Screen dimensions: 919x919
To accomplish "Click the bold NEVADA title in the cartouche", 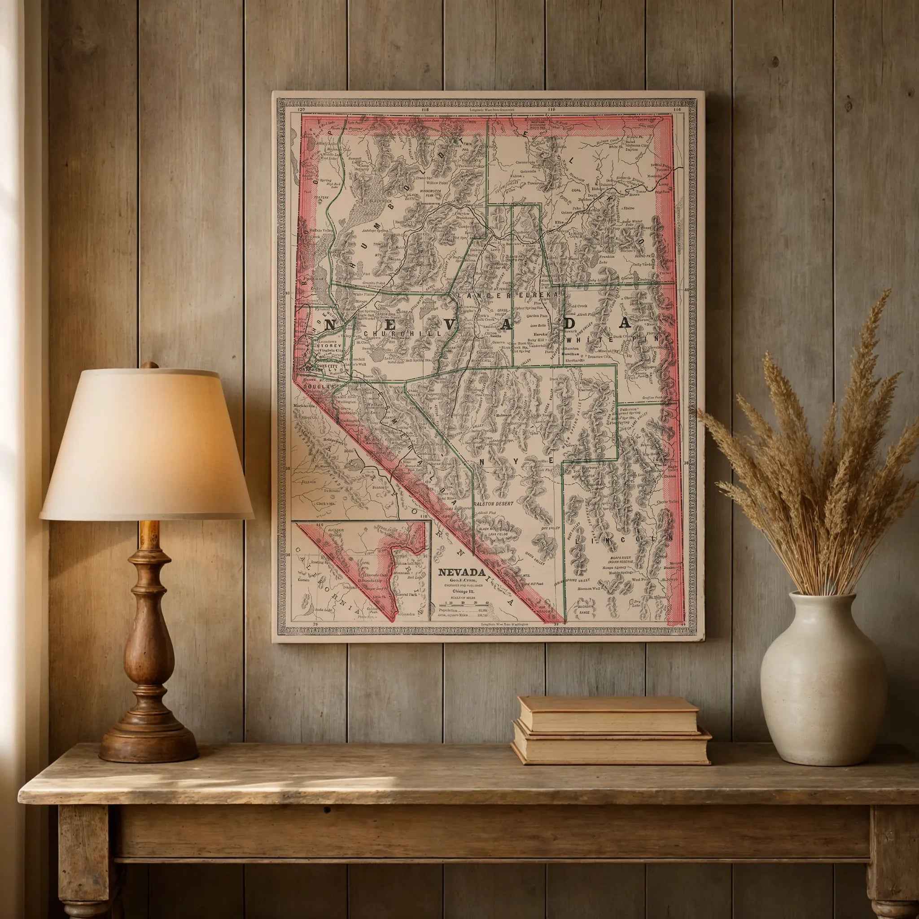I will click(x=461, y=572).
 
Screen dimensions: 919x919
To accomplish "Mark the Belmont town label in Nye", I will click(x=503, y=415).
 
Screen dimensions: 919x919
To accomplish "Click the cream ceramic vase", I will click(x=823, y=685).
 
